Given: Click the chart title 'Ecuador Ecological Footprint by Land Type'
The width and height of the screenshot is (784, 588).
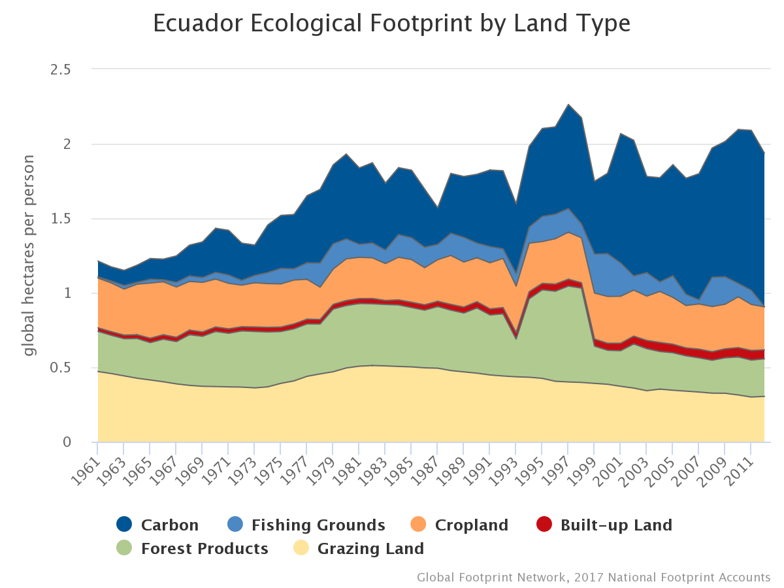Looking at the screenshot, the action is pyautogui.click(x=391, y=24).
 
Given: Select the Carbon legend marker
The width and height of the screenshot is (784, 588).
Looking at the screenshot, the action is pyautogui.click(x=124, y=524).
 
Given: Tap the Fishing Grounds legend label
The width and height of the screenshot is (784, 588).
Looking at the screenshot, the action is pyautogui.click(x=318, y=525).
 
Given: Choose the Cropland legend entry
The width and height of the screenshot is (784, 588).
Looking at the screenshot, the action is pyautogui.click(x=459, y=525).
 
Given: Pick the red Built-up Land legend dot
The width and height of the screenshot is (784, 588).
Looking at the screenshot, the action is pyautogui.click(x=544, y=524).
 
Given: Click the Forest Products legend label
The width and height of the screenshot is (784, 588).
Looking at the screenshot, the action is pyautogui.click(x=204, y=549).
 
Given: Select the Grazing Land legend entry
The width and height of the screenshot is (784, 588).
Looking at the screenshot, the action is pyautogui.click(x=359, y=548).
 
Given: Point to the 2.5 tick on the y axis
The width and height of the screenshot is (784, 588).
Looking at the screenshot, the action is pyautogui.click(x=60, y=70).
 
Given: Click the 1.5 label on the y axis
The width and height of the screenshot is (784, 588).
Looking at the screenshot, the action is pyautogui.click(x=61, y=219).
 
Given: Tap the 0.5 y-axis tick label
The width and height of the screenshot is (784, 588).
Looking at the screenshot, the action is pyautogui.click(x=60, y=368).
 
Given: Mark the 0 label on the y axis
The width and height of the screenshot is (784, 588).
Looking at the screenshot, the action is pyautogui.click(x=67, y=442).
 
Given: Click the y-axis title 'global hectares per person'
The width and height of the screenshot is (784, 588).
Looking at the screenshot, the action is pyautogui.click(x=29, y=255).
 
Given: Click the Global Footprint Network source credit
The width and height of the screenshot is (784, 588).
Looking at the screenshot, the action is pyautogui.click(x=593, y=578).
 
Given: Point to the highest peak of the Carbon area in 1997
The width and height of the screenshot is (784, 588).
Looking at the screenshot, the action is pyautogui.click(x=568, y=105).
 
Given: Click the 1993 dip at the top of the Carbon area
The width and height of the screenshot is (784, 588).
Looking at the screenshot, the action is pyautogui.click(x=515, y=204).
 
